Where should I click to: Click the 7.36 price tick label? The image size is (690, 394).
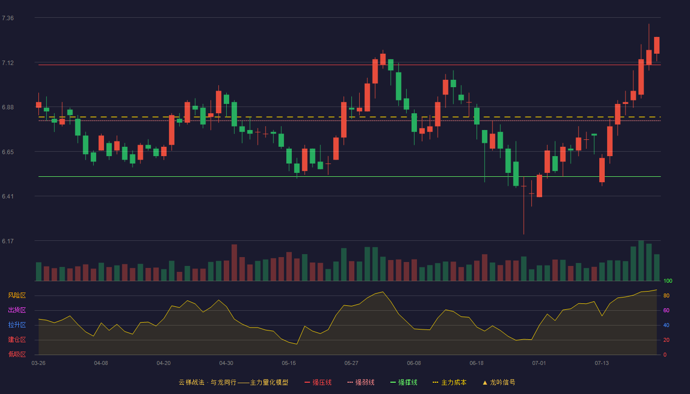point(8,18)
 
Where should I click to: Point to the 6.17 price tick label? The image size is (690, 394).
point(8,241)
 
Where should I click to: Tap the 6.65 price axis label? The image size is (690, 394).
point(8,152)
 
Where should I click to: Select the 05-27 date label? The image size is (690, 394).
point(351,363)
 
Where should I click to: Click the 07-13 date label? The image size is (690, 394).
point(602,363)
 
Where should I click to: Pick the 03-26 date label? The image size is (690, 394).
point(38,363)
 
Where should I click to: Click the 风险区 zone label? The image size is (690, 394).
point(17,295)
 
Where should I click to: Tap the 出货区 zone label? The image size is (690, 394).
point(17,310)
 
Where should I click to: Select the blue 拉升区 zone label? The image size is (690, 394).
point(17,325)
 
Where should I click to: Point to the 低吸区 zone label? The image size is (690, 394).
point(17,354)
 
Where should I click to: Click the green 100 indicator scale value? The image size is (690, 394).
point(668,281)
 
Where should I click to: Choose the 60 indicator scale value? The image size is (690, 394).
point(666,310)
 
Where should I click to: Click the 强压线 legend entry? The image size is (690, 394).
point(318,382)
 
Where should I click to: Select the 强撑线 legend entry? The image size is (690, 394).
point(404,382)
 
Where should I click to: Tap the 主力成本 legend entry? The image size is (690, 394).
point(449,382)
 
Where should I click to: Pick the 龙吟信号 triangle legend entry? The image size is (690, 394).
point(499,382)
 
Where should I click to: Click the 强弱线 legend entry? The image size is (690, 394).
point(361,382)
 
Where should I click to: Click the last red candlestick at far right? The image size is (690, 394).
point(656,45)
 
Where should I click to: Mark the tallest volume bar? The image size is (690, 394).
point(641,261)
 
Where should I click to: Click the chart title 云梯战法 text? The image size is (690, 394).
point(192,382)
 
